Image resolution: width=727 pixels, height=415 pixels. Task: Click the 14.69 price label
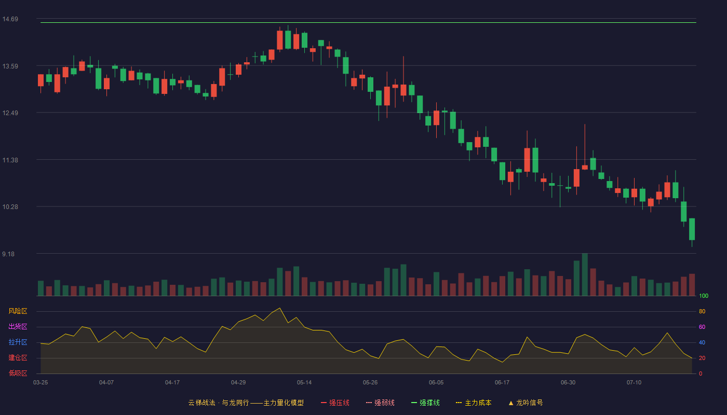point(10,19)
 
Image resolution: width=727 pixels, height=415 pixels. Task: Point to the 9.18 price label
point(8,254)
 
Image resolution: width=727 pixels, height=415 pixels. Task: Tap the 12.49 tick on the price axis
point(10,113)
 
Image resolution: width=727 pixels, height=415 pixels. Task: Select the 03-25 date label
point(41,383)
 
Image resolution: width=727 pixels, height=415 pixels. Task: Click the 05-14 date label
point(304,383)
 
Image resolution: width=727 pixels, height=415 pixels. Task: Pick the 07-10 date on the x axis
point(634,383)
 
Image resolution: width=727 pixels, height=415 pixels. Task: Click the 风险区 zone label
point(18,311)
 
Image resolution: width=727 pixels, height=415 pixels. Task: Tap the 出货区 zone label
point(18,326)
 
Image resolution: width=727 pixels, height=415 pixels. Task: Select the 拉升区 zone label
point(18,342)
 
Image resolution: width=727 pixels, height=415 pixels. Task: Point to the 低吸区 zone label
point(18,373)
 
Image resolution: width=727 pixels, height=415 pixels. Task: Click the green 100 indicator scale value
point(704,296)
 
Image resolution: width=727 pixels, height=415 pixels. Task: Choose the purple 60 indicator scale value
point(702,327)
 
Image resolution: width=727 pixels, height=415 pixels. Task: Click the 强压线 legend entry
point(335,403)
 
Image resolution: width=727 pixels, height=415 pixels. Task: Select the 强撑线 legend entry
point(425,403)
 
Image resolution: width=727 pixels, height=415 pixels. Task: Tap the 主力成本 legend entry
point(474,403)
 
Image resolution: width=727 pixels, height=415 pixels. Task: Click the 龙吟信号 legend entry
point(526,403)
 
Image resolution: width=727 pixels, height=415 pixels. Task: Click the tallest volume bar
point(585,274)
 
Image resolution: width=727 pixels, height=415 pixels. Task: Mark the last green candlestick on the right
point(692,229)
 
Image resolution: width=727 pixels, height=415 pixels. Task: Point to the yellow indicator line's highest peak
point(280,308)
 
